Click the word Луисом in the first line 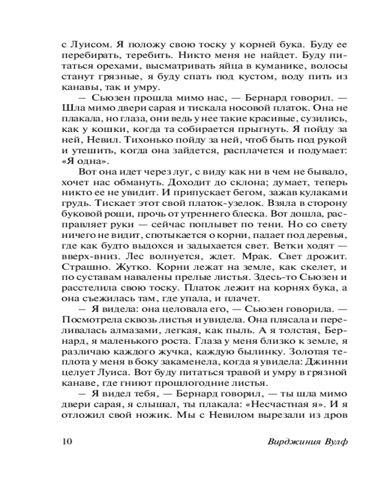pyautogui.click(x=89, y=42)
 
